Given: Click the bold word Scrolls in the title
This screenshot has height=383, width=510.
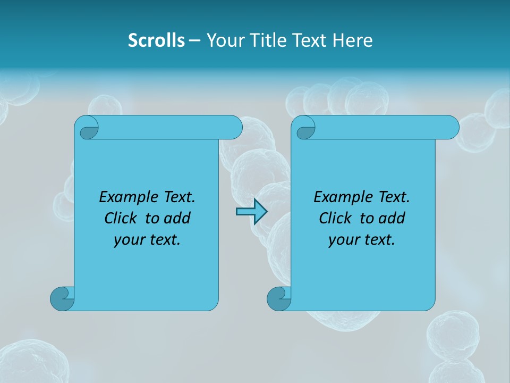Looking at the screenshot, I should pos(156,40).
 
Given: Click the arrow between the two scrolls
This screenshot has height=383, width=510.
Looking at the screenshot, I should pos(251,212).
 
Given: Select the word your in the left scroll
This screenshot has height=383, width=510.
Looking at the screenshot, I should pos(129,240).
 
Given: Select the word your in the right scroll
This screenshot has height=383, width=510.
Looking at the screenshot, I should pos(344,240).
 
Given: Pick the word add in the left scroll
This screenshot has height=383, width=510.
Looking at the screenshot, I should pos(177,218).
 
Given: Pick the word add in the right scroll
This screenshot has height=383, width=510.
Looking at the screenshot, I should pos(392,218).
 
